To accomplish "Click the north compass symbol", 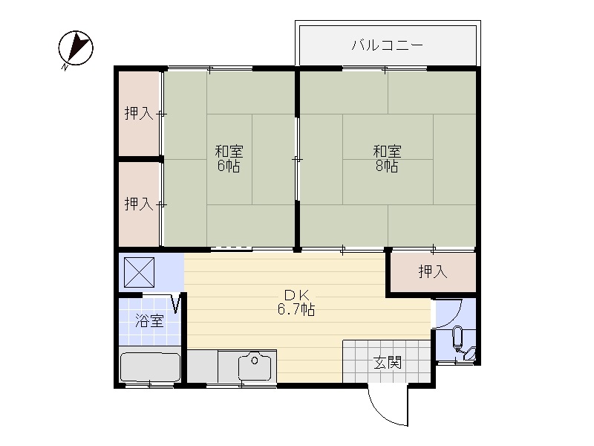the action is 76,48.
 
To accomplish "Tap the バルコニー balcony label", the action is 387,45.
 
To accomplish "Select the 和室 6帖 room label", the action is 229,158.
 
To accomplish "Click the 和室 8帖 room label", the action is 387,158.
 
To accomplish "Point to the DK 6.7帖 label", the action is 296,303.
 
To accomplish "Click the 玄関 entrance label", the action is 387,362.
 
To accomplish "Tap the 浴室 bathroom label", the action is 150,321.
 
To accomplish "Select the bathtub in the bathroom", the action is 150,367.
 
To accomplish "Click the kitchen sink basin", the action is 255,366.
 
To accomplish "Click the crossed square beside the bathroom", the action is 139,272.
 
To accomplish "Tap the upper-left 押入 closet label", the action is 139,113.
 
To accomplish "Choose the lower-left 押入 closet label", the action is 139,204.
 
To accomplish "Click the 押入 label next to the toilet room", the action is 433,271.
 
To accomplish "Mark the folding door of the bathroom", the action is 177,304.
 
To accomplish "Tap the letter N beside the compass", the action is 65,68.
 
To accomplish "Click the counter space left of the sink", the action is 202,366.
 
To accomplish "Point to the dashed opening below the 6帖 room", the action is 231,248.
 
